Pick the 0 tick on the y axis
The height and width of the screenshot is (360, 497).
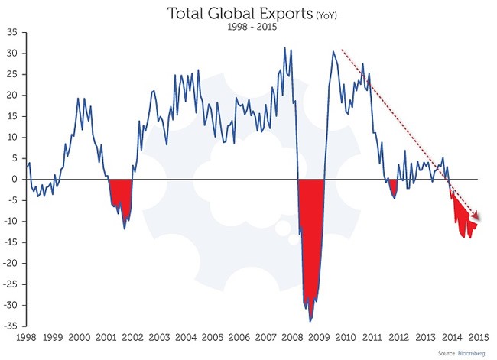(15, 180)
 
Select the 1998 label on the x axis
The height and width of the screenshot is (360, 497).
(26, 337)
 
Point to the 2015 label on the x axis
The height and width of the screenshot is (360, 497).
(479, 337)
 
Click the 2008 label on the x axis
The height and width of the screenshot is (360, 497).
(292, 337)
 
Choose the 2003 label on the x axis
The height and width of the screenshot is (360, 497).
(159, 337)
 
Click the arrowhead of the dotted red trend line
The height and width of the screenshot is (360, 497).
(479, 217)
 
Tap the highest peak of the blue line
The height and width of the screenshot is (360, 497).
(285, 47)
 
